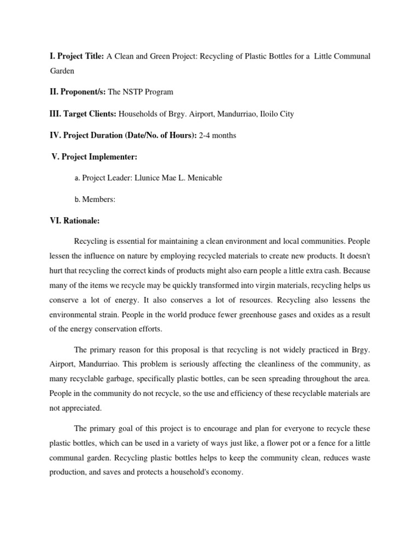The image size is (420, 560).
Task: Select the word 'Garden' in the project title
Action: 61,71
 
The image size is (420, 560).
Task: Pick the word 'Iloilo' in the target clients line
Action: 265,114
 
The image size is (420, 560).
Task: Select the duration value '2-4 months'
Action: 218,135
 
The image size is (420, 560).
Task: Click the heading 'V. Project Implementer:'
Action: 95,156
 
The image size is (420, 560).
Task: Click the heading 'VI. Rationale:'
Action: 74,221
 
